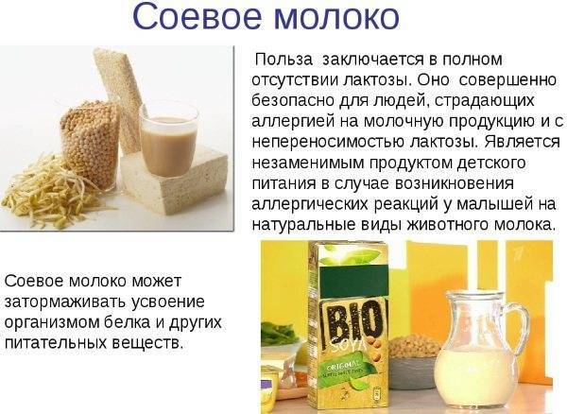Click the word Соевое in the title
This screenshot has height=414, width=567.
click(x=197, y=17)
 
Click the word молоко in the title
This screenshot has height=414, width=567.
click(x=337, y=17)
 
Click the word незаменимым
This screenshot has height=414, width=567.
click(x=308, y=163)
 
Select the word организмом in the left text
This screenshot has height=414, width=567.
click(x=52, y=322)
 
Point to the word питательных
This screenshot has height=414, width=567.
click(x=56, y=342)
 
